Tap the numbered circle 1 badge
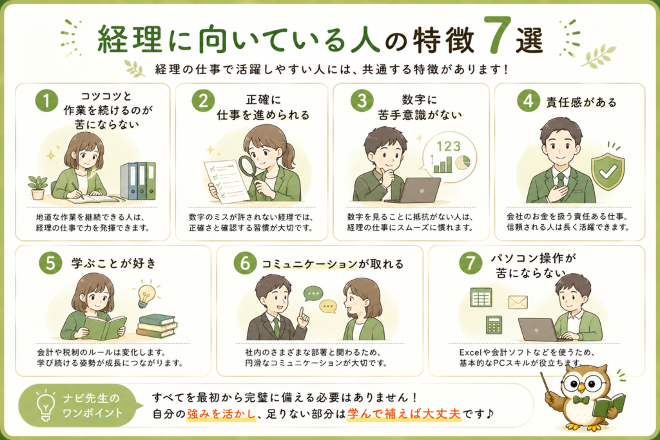click(x=46, y=101)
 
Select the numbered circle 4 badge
click(x=529, y=101)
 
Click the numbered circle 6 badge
click(x=245, y=263)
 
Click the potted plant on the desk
click(x=38, y=187)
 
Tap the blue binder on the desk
click(x=129, y=181)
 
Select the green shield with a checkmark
click(x=607, y=171)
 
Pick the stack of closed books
click(x=157, y=326)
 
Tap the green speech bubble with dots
click(x=313, y=294)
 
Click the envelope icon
click(x=518, y=302)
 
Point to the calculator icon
click(x=494, y=325)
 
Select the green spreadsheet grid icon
click(x=481, y=298)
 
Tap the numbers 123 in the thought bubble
click(x=449, y=146)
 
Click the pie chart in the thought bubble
click(x=463, y=162)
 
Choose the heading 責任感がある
click(x=581, y=102)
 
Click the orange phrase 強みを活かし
click(x=222, y=414)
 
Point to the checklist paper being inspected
click(x=226, y=182)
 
